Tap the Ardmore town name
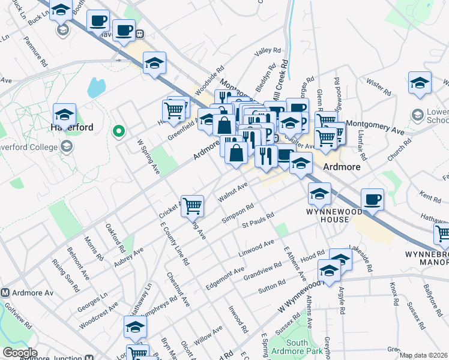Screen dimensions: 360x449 pos(342,167)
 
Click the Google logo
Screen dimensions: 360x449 pos(20,353)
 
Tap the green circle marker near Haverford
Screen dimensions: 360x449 pos(119,130)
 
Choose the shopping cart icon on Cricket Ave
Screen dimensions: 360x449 pos(193,206)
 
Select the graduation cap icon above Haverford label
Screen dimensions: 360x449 pos(64,114)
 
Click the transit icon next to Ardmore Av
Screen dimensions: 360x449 pos(5,293)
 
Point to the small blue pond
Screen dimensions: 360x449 pos(96,88)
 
